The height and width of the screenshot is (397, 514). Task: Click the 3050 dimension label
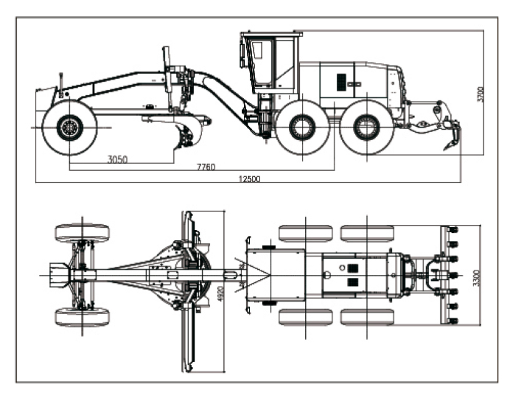click(118, 159)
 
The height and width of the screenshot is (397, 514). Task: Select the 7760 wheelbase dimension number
click(206, 167)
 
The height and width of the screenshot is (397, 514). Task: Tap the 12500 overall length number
click(249, 179)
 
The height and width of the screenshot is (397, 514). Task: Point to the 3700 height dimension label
click(480, 94)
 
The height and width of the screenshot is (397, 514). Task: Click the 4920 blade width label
click(221, 294)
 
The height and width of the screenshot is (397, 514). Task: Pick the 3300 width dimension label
click(477, 278)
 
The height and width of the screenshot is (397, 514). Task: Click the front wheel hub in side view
click(70, 128)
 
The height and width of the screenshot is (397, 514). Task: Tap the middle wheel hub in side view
click(303, 127)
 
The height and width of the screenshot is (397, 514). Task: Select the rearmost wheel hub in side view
click(367, 127)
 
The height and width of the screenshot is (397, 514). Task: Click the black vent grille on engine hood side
click(341, 82)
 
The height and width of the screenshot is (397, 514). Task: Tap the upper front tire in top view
click(82, 232)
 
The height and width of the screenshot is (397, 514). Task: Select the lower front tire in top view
click(82, 317)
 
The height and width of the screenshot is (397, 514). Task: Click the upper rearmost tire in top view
click(367, 233)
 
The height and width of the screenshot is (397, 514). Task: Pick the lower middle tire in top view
click(306, 317)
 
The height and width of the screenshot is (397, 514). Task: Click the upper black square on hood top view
click(352, 268)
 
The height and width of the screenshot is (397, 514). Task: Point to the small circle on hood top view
click(342, 268)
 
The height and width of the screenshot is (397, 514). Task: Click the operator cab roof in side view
click(272, 34)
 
